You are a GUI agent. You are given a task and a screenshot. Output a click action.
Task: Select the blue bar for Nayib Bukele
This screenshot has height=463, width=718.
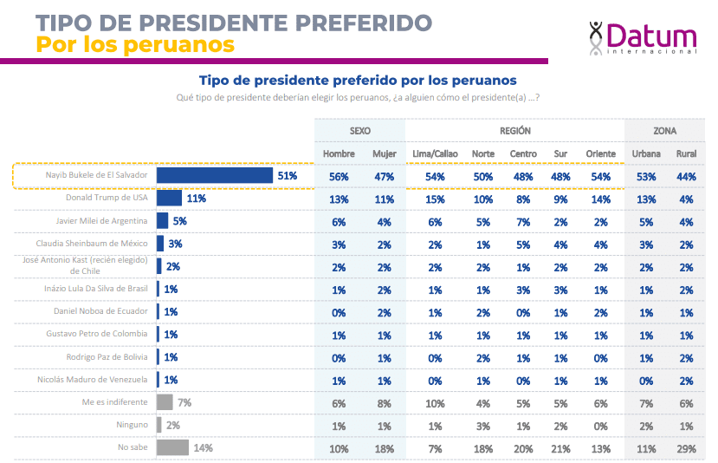pos(215,175)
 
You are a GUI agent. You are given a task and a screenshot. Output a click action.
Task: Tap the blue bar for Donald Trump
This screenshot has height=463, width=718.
pos(169,198)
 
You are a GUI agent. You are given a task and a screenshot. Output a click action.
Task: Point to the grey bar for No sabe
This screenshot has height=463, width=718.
pos(172,447)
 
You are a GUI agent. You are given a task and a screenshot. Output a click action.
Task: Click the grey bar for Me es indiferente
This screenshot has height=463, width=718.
pos(165,402)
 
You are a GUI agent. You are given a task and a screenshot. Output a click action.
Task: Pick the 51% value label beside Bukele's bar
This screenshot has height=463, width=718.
pos(288,175)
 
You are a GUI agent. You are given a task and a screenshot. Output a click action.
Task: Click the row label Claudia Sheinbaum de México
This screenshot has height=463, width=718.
pos(98,244)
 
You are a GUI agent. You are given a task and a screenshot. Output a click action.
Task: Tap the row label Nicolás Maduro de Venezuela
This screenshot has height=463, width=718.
pos(97,379)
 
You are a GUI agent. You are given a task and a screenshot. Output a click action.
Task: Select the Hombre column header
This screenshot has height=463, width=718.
pos(339,153)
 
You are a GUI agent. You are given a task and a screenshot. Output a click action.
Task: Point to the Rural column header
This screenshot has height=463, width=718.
pos(685,153)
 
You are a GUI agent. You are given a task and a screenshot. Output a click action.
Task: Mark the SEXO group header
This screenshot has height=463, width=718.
pos(360,131)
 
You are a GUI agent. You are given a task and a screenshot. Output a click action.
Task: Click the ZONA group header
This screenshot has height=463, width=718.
pos(665,131)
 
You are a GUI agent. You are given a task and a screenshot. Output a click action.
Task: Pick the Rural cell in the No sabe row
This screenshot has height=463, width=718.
pos(685,448)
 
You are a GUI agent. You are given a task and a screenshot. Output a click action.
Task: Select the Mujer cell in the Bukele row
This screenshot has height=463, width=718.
pos(384,176)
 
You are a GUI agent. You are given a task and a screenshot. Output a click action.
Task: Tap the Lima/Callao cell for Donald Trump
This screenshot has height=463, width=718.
pos(436,199)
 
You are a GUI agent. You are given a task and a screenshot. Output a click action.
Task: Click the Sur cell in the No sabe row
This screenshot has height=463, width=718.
pos(561,448)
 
